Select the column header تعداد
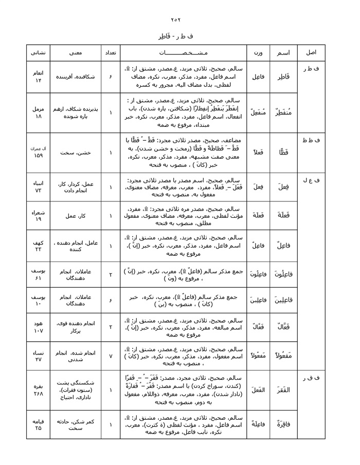pyautogui.click(x=109, y=53)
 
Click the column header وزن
pyautogui.click(x=258, y=53)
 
